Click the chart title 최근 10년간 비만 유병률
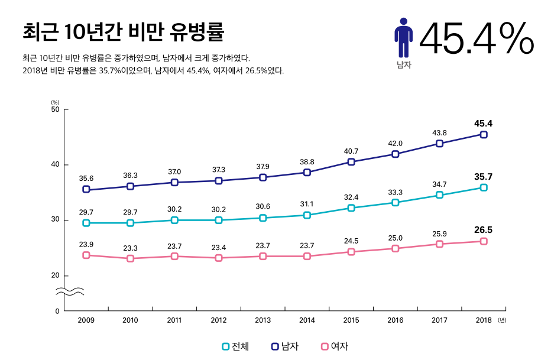pyautogui.click(x=123, y=32)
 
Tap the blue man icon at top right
pyautogui.click(x=403, y=37)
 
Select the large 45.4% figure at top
pyautogui.click(x=477, y=38)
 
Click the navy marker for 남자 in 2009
pyautogui.click(x=86, y=189)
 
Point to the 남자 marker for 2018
pyautogui.click(x=484, y=135)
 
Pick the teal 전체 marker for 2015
pyautogui.click(x=351, y=208)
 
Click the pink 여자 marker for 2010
pyautogui.click(x=131, y=258)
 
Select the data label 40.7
pyautogui.click(x=351, y=151)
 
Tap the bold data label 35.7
pyautogui.click(x=483, y=177)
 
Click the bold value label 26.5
pyautogui.click(x=483, y=230)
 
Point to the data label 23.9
pyautogui.click(x=86, y=244)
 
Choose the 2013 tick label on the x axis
pyautogui.click(x=263, y=320)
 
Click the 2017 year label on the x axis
pyautogui.click(x=439, y=320)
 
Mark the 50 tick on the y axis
pyautogui.click(x=55, y=109)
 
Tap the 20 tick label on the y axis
pyautogui.click(x=55, y=275)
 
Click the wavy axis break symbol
pyautogui.click(x=70, y=291)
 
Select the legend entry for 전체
pyautogui.click(x=235, y=346)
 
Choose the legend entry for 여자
pyautogui.click(x=335, y=346)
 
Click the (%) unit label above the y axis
pyautogui.click(x=55, y=102)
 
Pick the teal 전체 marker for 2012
pyautogui.click(x=219, y=220)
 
